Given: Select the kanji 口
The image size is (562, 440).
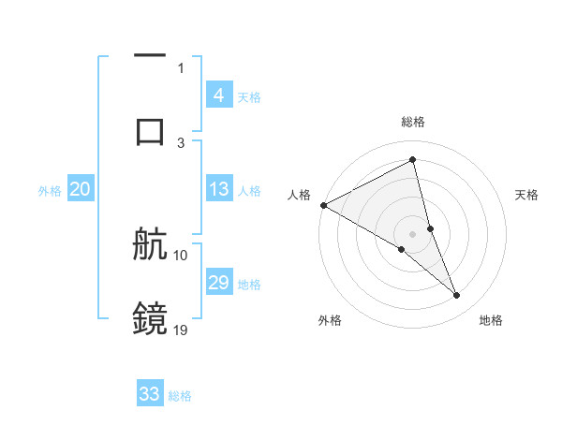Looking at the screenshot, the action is pyautogui.click(x=150, y=131).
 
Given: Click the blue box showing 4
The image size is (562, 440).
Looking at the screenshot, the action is pyautogui.click(x=218, y=95).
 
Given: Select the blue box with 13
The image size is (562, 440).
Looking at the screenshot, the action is pyautogui.click(x=218, y=190).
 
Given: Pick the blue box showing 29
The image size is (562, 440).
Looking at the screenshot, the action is pyautogui.click(x=218, y=284).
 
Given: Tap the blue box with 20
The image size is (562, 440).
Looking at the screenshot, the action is pyautogui.click(x=81, y=190).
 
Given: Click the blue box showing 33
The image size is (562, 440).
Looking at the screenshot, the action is pyautogui.click(x=150, y=394).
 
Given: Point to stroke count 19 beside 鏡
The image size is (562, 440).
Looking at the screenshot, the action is pyautogui.click(x=181, y=330).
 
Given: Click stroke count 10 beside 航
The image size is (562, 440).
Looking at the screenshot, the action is pyautogui.click(x=181, y=255).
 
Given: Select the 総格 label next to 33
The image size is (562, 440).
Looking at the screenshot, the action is pyautogui.click(x=180, y=396).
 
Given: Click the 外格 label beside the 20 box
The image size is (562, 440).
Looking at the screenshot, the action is pyautogui.click(x=50, y=191).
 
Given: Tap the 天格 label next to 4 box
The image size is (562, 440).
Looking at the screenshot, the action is pyautogui.click(x=249, y=97).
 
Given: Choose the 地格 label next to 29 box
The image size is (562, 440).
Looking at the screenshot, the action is pyautogui.click(x=249, y=285).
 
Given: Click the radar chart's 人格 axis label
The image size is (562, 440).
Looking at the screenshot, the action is pyautogui.click(x=299, y=195).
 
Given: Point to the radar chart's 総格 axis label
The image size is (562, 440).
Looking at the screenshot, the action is pyautogui.click(x=413, y=123).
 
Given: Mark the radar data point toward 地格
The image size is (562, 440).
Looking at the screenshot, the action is pyautogui.click(x=457, y=296).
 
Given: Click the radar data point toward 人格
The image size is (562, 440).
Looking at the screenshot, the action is pyautogui.click(x=323, y=205).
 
